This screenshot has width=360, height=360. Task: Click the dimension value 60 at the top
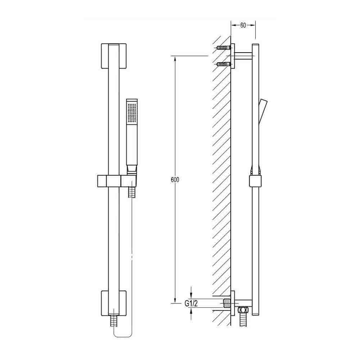pos(243,25)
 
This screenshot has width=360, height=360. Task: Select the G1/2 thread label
pos(191,304)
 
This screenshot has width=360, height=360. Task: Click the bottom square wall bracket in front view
pos(113,303)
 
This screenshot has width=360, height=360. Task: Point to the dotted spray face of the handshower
pos(132,112)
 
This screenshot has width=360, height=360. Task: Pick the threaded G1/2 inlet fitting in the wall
pos(226,302)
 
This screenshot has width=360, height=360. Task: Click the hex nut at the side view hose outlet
pos(244,310)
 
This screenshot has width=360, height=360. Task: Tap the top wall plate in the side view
pos(233,56)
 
